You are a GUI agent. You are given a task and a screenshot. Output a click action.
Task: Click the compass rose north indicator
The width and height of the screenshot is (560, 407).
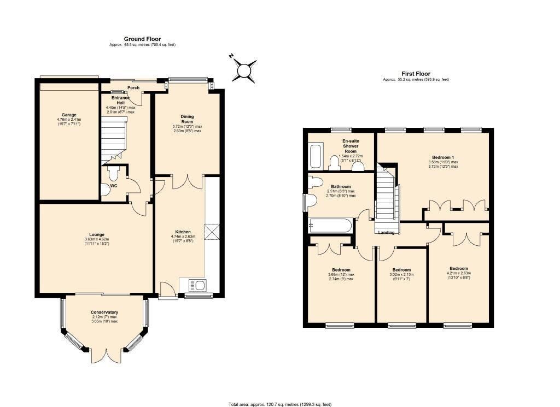[x=244, y=70]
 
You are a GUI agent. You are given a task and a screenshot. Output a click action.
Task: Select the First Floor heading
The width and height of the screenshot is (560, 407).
[x=416, y=74]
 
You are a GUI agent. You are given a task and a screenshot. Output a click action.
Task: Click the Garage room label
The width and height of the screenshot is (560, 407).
[x=68, y=115]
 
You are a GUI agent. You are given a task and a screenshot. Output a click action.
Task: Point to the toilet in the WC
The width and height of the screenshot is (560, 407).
[x=114, y=174]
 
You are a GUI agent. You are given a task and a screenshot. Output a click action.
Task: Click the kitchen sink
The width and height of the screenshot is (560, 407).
[x=195, y=285]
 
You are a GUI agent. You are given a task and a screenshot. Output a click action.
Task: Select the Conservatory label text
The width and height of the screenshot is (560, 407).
[x=104, y=312]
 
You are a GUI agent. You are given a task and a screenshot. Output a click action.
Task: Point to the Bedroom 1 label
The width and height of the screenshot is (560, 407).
[x=444, y=157]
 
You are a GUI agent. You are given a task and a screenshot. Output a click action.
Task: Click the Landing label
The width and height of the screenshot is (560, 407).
[x=387, y=232]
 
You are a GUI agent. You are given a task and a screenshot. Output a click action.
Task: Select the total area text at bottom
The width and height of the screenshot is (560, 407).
[x=279, y=404]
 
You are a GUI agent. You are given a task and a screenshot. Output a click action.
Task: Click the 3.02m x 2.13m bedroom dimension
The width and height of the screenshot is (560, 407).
[x=401, y=277]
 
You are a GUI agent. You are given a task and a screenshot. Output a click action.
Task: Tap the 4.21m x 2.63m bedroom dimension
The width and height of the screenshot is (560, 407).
[x=458, y=275]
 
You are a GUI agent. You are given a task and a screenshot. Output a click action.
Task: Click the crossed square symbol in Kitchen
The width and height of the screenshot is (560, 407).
[x=211, y=232]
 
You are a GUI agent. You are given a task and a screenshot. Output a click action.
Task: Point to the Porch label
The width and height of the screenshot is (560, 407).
[x=133, y=88]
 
